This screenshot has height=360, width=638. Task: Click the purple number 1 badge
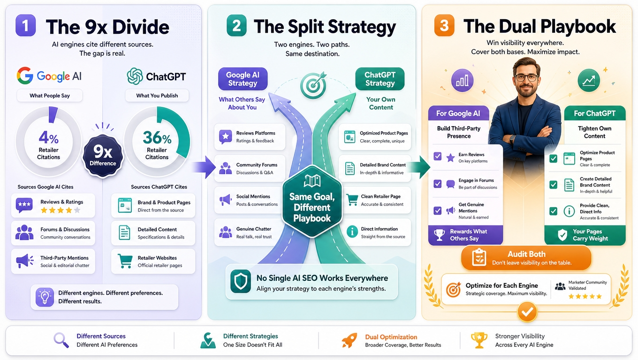tap(25, 25)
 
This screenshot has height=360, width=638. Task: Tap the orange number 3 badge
tap(444, 25)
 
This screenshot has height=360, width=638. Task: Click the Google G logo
tap(25, 75)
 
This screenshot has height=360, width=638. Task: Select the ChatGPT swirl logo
tap(135, 76)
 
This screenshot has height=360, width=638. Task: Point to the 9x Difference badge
tap(103, 155)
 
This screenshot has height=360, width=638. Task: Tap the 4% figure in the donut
tap(48, 138)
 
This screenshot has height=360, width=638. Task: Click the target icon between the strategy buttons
tap(313, 85)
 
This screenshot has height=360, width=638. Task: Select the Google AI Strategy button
tap(243, 79)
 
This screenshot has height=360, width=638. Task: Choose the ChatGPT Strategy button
tap(380, 79)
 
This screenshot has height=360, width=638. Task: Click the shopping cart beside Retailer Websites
tap(125, 261)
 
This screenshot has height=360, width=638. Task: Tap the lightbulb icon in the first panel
tap(45, 297)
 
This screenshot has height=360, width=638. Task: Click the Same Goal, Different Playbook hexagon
tap(312, 202)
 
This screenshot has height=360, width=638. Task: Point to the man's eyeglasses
tap(526, 77)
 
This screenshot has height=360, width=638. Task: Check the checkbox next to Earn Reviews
tap(438, 156)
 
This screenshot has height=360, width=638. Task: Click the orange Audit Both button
tap(526, 258)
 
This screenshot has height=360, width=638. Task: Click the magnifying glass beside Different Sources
tap(61, 340)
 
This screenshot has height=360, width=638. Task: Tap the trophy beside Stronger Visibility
tap(479, 340)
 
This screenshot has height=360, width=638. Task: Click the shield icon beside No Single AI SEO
tap(241, 281)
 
